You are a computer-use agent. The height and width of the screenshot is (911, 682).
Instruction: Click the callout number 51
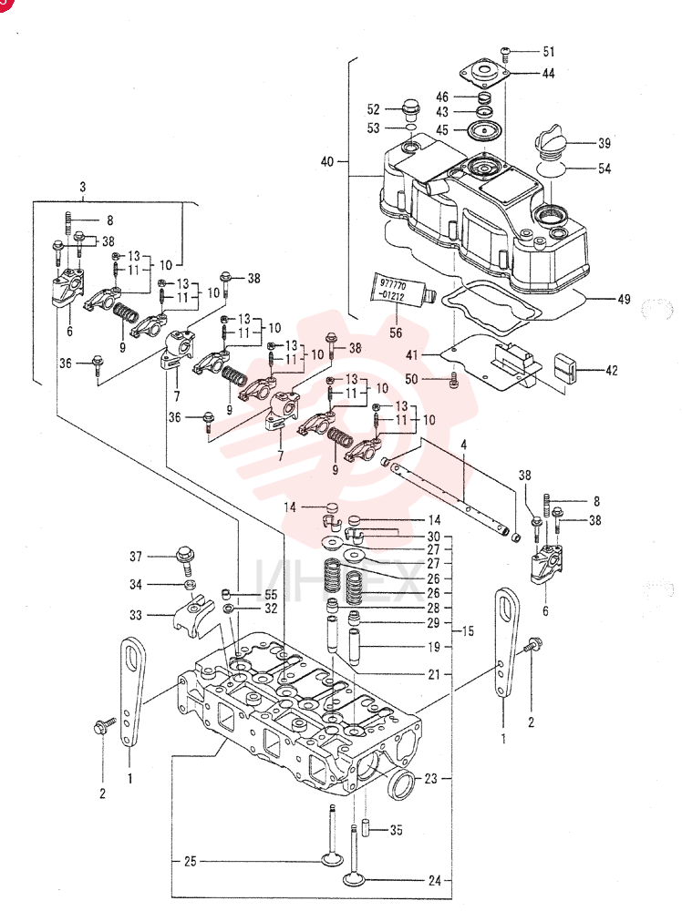(x=548, y=51)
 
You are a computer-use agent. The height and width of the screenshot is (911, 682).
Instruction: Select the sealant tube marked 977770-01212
(x=403, y=291)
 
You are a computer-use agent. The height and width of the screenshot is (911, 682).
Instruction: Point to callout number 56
(x=396, y=333)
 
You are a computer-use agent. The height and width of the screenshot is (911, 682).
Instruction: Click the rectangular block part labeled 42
(x=565, y=365)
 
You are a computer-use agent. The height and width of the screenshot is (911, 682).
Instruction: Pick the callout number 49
(x=624, y=299)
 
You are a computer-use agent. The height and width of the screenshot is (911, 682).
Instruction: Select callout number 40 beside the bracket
(x=326, y=161)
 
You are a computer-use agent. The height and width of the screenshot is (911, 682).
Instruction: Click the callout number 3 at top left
(x=83, y=187)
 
